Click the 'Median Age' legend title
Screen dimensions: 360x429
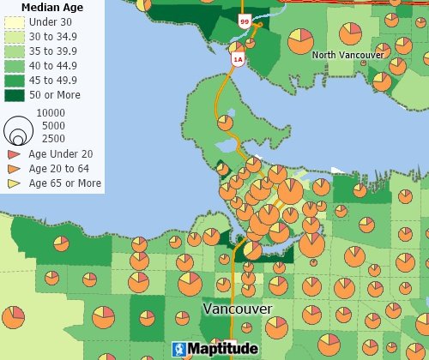[x=51, y=7]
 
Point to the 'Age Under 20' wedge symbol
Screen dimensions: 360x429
[x=14, y=153]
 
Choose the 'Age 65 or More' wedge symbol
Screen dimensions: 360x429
[x=14, y=183]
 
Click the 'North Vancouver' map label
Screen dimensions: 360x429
[x=347, y=55]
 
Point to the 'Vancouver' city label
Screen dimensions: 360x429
[x=238, y=308]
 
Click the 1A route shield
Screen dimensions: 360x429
[x=238, y=59]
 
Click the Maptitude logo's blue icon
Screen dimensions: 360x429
[x=178, y=349]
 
